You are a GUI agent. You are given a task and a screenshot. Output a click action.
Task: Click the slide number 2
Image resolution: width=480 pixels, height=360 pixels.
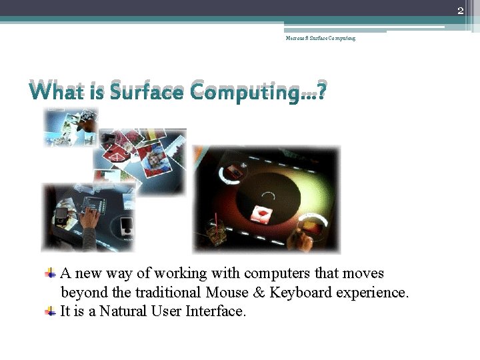[460, 10]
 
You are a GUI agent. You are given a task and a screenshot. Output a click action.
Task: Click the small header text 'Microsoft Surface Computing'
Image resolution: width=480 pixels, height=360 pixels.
[320, 39]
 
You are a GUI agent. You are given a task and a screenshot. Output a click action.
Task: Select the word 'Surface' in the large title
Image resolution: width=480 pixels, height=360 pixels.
[147, 90]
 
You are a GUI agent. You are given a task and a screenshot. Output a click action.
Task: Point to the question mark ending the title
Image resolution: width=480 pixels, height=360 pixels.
[322, 90]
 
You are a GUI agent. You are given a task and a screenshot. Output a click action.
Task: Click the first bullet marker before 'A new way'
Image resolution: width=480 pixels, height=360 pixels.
[50, 273]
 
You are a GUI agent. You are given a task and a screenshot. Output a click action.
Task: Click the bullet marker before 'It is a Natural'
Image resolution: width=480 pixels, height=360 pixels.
[50, 311]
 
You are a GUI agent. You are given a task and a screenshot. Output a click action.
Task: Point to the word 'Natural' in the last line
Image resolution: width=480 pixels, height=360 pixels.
[125, 311]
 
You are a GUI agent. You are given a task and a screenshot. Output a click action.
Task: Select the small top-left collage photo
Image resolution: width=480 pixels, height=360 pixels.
[71, 127]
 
